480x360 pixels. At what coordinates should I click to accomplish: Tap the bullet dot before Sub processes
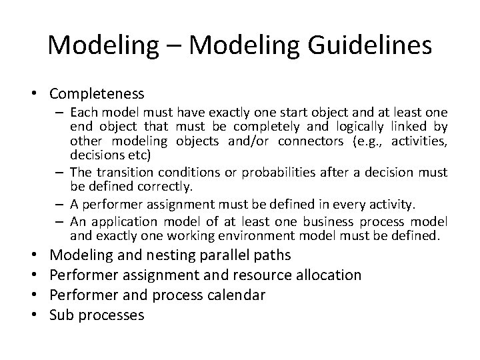(x=41, y=315)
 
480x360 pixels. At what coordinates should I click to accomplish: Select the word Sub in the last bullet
(x=63, y=315)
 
